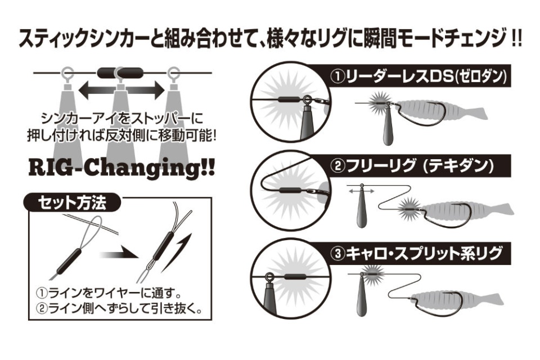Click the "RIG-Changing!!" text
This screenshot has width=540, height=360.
pyautogui.click(x=121, y=168)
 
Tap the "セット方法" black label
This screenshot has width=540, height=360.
pyautogui.click(x=72, y=203)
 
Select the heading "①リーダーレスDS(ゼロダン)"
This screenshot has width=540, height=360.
pyautogui.click(x=418, y=76)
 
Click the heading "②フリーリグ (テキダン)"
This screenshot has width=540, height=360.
pyautogui.click(x=412, y=166)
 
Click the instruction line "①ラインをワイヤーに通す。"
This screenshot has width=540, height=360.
pyautogui.click(x=109, y=293)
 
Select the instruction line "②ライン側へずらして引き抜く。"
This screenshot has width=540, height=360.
pyautogui.click(x=119, y=308)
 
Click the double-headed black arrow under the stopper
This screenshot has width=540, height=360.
pyautogui.click(x=121, y=90)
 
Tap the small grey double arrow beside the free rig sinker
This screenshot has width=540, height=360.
pyautogui.click(x=361, y=191)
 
